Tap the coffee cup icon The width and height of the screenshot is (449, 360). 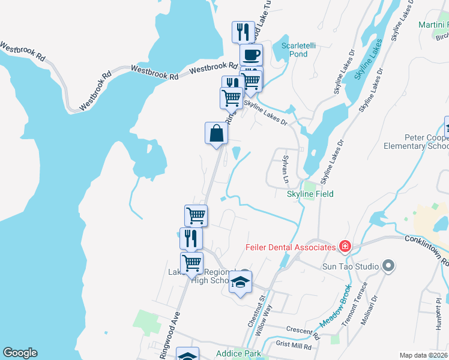click(251, 55)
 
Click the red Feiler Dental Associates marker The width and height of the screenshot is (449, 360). click(345, 247)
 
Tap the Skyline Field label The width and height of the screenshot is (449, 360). click(310, 194)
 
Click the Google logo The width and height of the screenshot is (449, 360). click(20, 353)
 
